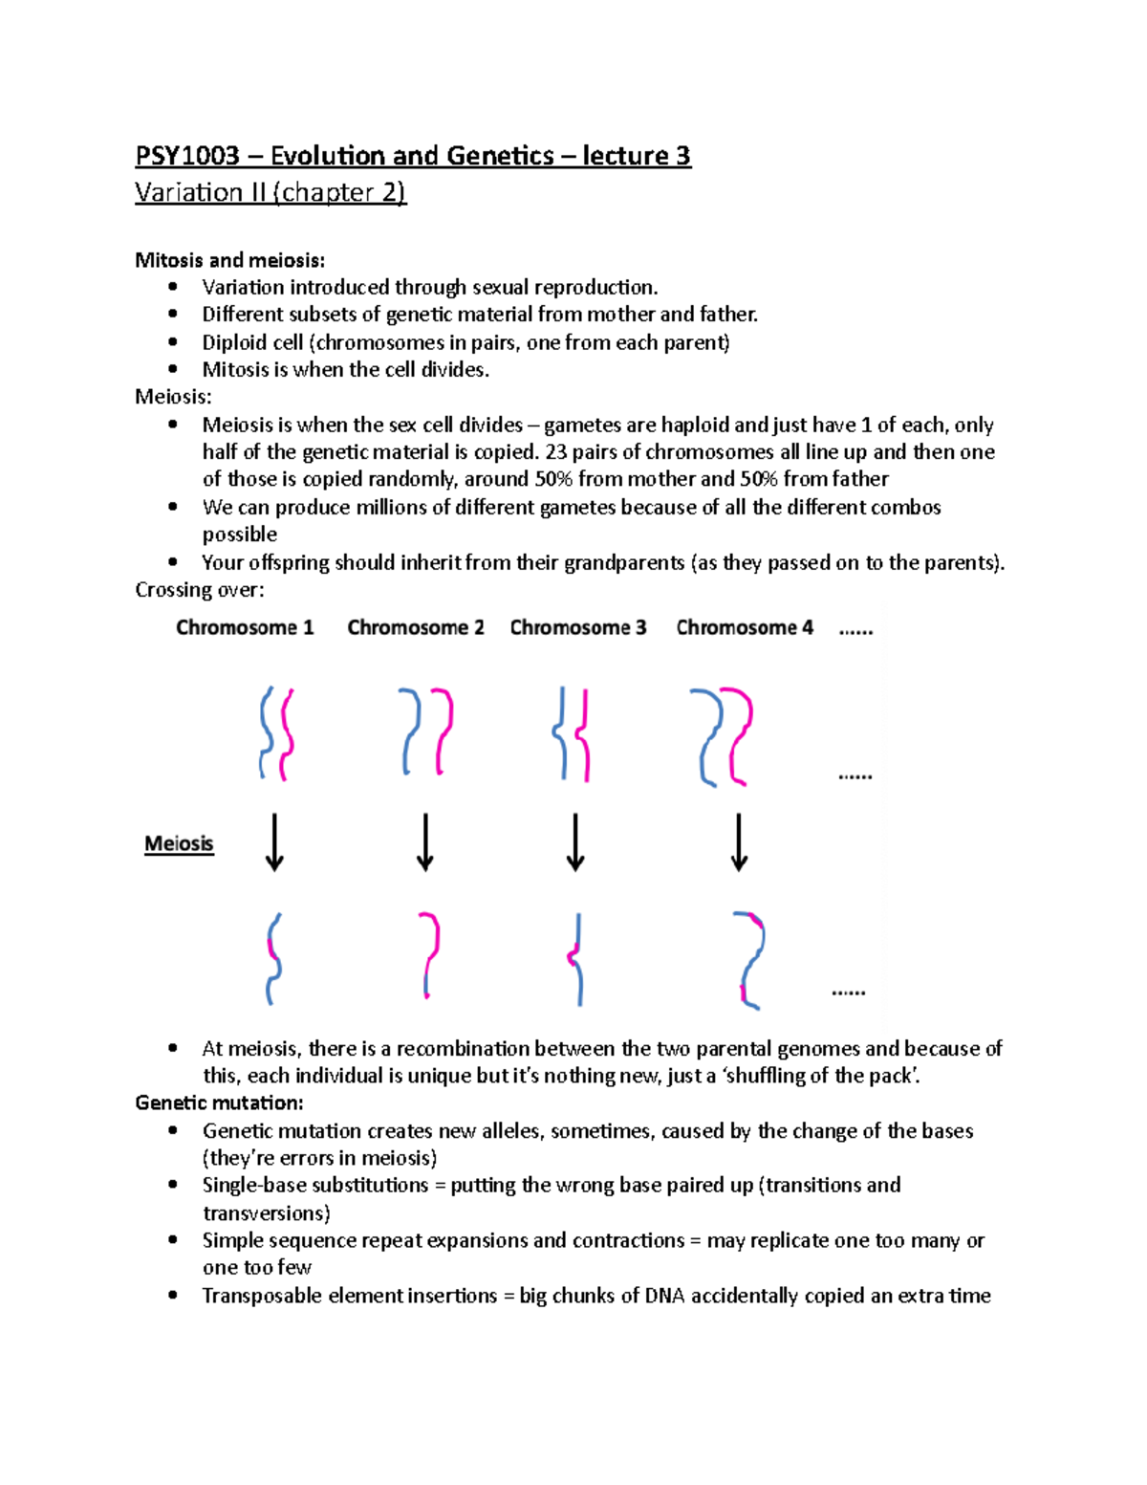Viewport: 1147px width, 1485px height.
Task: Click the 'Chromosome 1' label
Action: click(245, 628)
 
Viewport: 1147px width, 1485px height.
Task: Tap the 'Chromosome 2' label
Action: click(416, 628)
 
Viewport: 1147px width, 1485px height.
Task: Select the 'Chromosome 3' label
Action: click(578, 628)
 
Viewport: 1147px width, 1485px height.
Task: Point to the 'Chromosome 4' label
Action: click(745, 628)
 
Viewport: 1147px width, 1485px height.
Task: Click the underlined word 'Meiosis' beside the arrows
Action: click(179, 843)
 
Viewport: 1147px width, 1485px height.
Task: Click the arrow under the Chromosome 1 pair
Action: click(274, 842)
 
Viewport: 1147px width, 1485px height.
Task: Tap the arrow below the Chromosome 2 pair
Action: click(425, 842)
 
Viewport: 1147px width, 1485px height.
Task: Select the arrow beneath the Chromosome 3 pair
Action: click(575, 842)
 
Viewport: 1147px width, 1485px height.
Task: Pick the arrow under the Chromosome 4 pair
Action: click(739, 842)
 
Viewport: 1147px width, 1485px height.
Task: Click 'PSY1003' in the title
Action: click(187, 156)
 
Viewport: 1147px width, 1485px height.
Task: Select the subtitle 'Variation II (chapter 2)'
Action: click(271, 193)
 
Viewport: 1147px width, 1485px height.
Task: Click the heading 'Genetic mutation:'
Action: click(219, 1103)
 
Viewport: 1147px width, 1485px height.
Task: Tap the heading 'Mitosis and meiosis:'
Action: click(229, 260)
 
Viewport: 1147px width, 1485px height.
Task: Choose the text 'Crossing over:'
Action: click(199, 590)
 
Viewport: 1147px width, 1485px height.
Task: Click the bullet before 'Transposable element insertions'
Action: click(173, 1295)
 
